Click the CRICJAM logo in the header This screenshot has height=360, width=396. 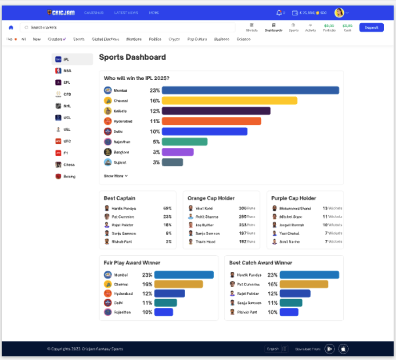[61, 13]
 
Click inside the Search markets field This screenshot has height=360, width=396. [127, 28]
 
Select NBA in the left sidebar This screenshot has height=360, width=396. [67, 71]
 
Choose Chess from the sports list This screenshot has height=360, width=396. [69, 165]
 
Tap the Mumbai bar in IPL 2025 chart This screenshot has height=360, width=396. [250, 90]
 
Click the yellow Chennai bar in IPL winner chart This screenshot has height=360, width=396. [229, 100]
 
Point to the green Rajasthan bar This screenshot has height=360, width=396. [184, 142]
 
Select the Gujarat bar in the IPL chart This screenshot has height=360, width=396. [172, 162]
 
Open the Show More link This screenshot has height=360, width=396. [115, 176]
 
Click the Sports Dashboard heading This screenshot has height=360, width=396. [132, 57]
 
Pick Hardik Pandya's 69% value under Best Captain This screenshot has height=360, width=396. [167, 209]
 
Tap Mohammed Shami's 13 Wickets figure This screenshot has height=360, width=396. [332, 209]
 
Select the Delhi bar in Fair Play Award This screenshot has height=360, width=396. [165, 303]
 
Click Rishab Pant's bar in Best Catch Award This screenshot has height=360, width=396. [289, 312]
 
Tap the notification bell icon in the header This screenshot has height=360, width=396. [279, 13]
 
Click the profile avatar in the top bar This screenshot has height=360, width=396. [339, 13]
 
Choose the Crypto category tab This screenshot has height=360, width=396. [174, 39]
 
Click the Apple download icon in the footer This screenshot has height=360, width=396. [344, 349]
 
